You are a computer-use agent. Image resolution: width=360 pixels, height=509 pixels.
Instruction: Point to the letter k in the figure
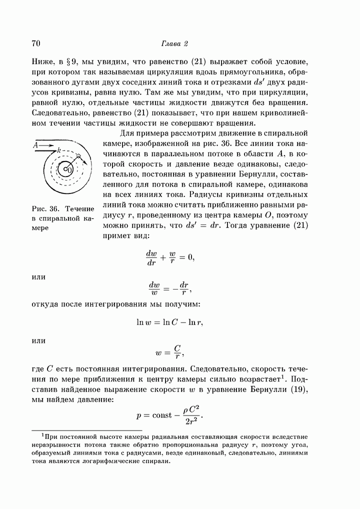click(59, 149)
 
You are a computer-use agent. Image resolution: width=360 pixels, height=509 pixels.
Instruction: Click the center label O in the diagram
click(69, 170)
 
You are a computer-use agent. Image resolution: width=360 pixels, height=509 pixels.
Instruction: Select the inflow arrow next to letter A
click(46, 145)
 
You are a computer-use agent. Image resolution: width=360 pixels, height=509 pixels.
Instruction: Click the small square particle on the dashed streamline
click(78, 157)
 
